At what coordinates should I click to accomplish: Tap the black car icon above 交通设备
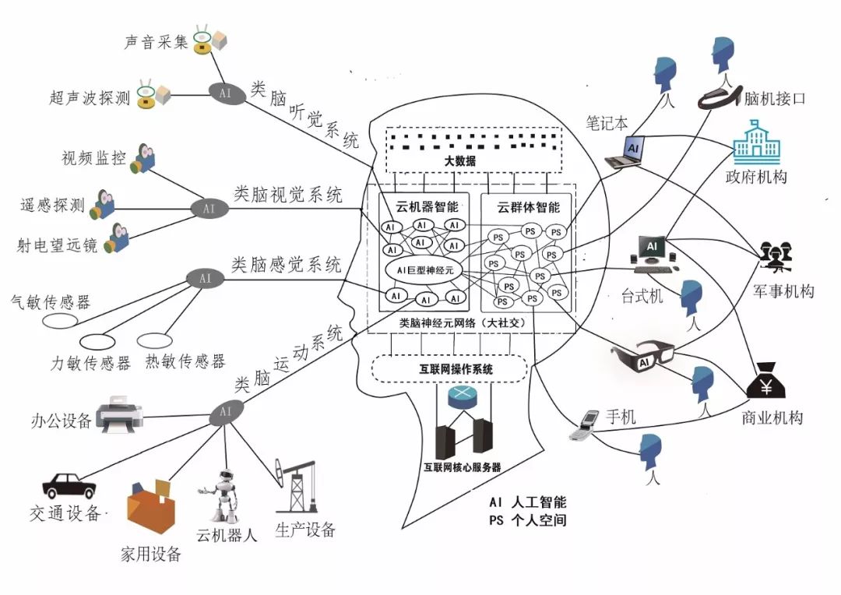tap(69, 485)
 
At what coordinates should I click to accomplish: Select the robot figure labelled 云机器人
tap(220, 496)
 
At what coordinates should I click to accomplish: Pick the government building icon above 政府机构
tap(758, 145)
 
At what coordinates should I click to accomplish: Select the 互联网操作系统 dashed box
tap(451, 368)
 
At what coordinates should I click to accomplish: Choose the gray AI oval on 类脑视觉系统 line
tap(208, 209)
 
